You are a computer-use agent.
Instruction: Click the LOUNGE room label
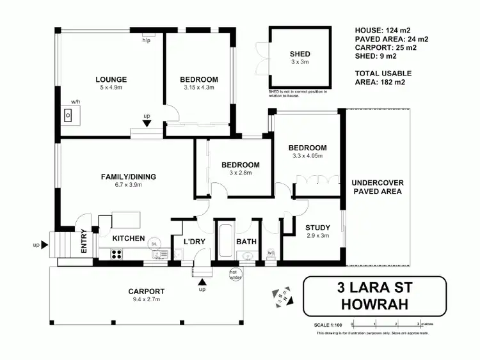(111, 80)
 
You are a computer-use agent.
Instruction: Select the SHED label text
(300, 54)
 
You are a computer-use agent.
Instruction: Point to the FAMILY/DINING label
(129, 177)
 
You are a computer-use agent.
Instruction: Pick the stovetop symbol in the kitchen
(117, 254)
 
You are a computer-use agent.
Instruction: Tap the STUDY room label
(317, 227)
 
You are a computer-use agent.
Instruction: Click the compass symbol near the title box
(281, 296)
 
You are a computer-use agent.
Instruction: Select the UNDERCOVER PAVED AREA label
(378, 187)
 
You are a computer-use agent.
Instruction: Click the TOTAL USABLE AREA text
(382, 77)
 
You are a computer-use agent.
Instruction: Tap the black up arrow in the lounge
(147, 124)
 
